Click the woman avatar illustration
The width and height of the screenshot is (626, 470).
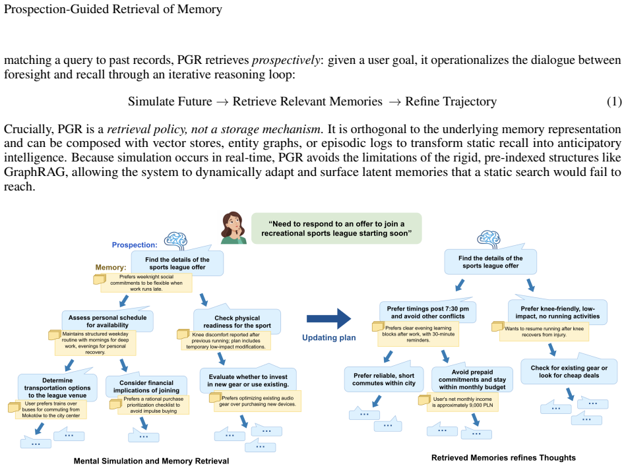click(x=234, y=228)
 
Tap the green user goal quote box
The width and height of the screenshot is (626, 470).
click(x=336, y=228)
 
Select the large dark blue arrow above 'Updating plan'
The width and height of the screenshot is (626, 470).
click(x=329, y=319)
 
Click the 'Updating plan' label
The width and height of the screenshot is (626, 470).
click(x=329, y=338)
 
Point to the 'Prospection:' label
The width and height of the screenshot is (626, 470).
click(x=135, y=245)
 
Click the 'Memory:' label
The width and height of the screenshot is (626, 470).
click(x=111, y=268)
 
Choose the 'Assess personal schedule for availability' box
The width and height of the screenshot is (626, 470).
click(x=108, y=321)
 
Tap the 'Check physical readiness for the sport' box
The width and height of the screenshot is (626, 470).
click(x=237, y=321)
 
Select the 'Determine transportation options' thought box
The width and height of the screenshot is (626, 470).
click(x=57, y=387)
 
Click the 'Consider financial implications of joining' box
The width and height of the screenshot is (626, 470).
click(x=146, y=386)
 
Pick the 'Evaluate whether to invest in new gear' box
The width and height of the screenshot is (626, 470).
click(x=248, y=380)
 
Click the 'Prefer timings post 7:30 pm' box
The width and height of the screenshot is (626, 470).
click(x=427, y=312)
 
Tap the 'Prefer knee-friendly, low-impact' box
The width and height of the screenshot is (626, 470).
click(x=557, y=312)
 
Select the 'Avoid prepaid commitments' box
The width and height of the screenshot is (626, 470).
click(x=472, y=379)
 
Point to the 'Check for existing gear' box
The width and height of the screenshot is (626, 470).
click(x=569, y=371)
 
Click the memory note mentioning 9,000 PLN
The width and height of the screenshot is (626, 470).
click(x=462, y=402)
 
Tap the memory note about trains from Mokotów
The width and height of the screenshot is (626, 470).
click(x=50, y=409)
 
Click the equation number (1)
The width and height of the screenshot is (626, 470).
click(x=614, y=102)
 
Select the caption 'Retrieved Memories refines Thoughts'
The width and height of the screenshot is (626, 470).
click(x=503, y=457)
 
